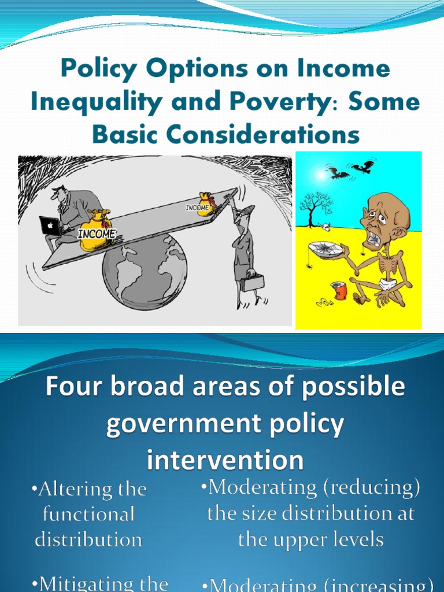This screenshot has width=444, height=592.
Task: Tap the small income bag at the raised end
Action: (x=205, y=205)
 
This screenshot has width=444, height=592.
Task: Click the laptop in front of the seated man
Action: (x=50, y=225)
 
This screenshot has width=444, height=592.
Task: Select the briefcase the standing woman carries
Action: (x=253, y=282)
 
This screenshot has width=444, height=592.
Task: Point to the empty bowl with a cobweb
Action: (x=325, y=249)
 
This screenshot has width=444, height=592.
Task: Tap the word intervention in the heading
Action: (x=225, y=461)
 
